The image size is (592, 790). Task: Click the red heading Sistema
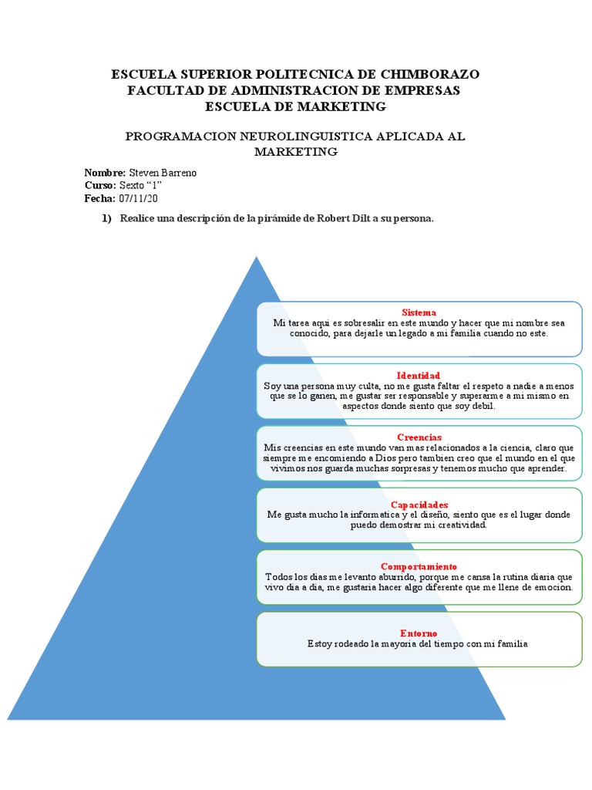click(419, 312)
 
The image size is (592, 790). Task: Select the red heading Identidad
click(419, 375)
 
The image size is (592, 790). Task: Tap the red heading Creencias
click(419, 437)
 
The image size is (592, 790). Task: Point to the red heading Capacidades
click(419, 505)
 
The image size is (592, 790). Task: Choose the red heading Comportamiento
click(419, 566)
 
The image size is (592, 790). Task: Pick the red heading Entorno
click(419, 633)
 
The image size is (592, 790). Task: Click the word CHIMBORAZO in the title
click(428, 74)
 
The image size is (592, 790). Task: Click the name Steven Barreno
click(163, 173)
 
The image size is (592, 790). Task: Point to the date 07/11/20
click(138, 199)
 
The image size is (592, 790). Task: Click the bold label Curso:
click(100, 186)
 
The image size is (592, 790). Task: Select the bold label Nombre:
click(105, 173)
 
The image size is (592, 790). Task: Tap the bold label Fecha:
click(100, 199)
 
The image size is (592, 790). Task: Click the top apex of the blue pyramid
click(256, 258)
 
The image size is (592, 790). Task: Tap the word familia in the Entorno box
click(511, 643)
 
